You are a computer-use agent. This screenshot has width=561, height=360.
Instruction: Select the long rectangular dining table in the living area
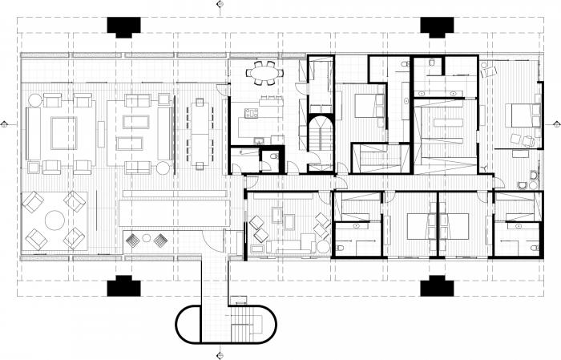pyautogui.click(x=199, y=132)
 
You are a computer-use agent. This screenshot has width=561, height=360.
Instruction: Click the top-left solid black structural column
pyautogui.click(x=122, y=26)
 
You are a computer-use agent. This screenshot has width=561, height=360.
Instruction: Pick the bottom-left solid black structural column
pyautogui.click(x=122, y=285)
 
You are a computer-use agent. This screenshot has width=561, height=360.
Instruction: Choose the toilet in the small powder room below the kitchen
pyautogui.click(x=273, y=156)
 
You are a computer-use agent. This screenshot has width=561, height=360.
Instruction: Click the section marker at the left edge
pyautogui.click(x=6, y=124)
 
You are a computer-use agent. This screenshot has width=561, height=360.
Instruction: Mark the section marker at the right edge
pyautogui.click(x=555, y=124)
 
